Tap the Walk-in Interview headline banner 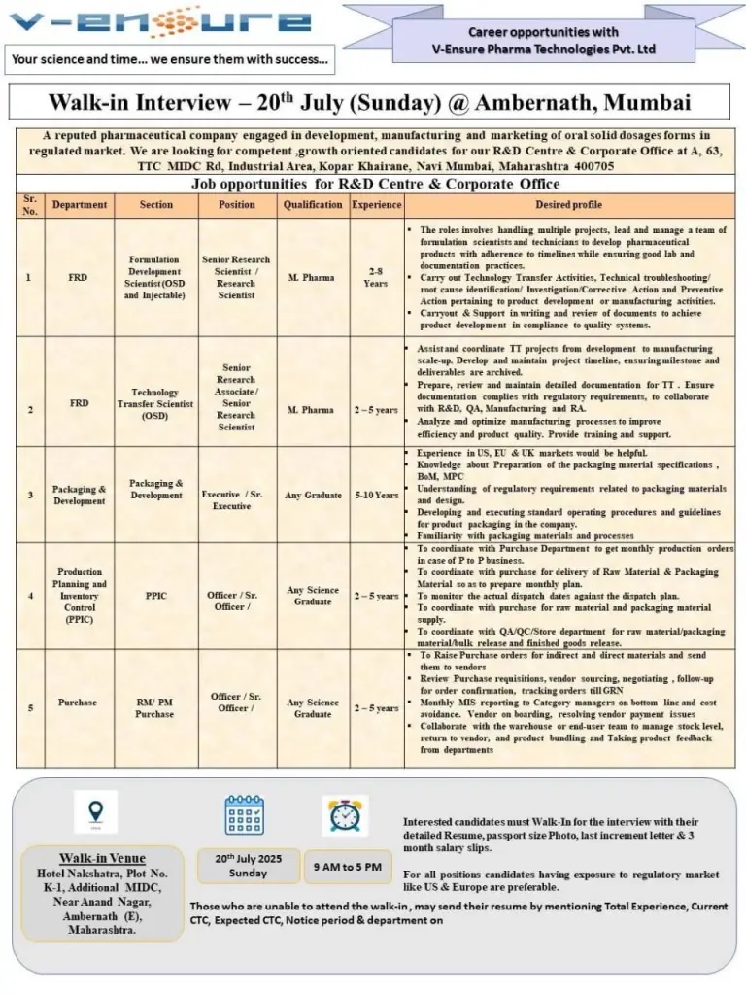pyautogui.click(x=369, y=102)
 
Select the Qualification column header pyautogui.click(x=312, y=205)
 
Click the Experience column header pyautogui.click(x=376, y=205)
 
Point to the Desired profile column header pyautogui.click(x=568, y=205)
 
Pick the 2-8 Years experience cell pyautogui.click(x=376, y=277)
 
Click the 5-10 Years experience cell pyautogui.click(x=376, y=496)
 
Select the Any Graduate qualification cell pyautogui.click(x=312, y=496)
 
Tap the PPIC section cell pyautogui.click(x=155, y=596)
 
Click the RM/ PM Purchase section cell pyautogui.click(x=155, y=708)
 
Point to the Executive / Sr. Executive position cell pyautogui.click(x=236, y=500)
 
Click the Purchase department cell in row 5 pyautogui.click(x=78, y=703)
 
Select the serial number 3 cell pyautogui.click(x=29, y=496)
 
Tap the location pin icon pyautogui.click(x=95, y=810)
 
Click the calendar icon pyautogui.click(x=244, y=815)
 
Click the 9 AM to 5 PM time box pyautogui.click(x=347, y=866)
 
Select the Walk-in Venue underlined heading pyautogui.click(x=102, y=858)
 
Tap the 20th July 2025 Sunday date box pyautogui.click(x=248, y=866)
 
